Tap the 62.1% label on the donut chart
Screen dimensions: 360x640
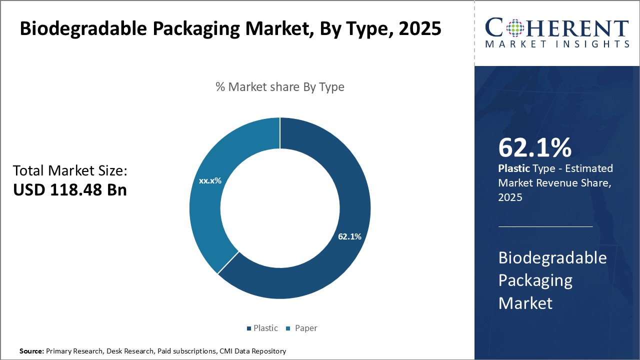pyautogui.click(x=349, y=236)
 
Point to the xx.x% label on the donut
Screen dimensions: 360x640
pyautogui.click(x=210, y=180)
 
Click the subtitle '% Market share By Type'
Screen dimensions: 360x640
pyautogui.click(x=280, y=87)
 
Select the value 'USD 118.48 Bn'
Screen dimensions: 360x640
pyautogui.click(x=70, y=190)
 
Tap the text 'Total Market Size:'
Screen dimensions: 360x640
pyautogui.click(x=70, y=171)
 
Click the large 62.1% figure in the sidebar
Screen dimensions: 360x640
pyautogui.click(x=534, y=148)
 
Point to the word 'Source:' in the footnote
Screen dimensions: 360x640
pyautogui.click(x=31, y=351)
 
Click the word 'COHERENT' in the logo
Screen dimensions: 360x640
pyautogui.click(x=557, y=27)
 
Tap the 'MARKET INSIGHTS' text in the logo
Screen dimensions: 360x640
pyautogui.click(x=557, y=44)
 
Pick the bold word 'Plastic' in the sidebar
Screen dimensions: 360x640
pyautogui.click(x=513, y=168)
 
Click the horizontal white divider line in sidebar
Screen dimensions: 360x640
pyautogui.click(x=545, y=226)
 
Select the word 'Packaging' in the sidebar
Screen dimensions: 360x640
pyautogui.click(x=535, y=280)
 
